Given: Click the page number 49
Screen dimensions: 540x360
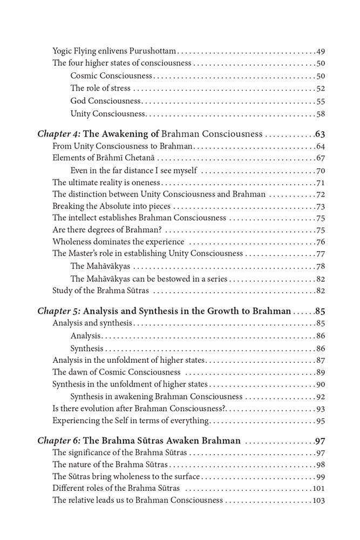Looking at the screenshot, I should click(320, 51).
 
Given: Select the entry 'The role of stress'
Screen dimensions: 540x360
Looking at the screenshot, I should click(100, 89).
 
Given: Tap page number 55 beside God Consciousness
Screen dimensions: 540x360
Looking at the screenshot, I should click(320, 101).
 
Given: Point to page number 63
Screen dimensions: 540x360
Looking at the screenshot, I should click(318, 134).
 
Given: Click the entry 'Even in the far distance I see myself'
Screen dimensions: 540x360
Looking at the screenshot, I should click(133, 171).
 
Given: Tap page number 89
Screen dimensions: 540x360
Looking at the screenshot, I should click(320, 373).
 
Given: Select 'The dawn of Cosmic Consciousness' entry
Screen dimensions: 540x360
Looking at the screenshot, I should click(116, 373).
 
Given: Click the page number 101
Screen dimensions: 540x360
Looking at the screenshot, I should click(318, 488).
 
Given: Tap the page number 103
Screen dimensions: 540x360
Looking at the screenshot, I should click(318, 500).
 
